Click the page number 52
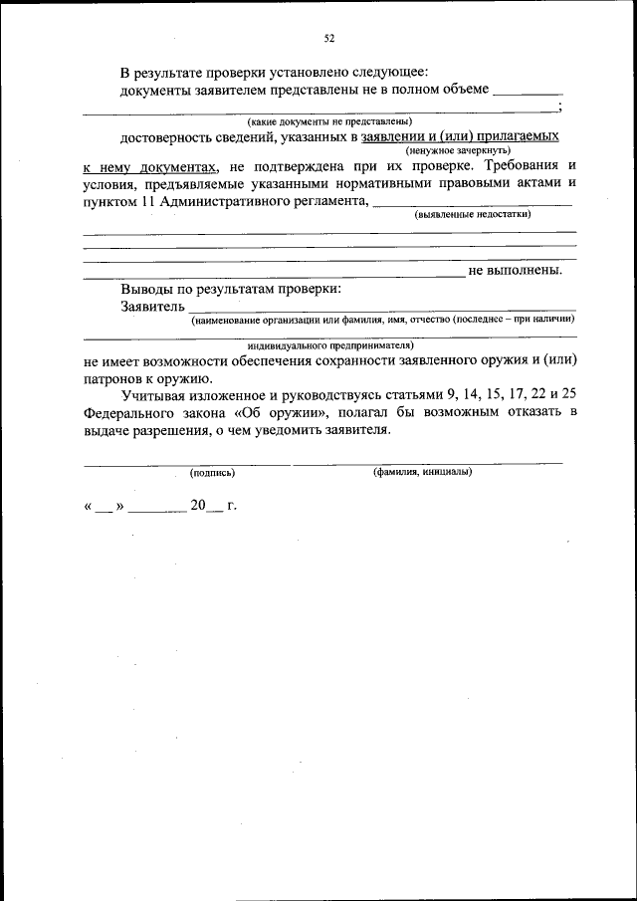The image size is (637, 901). coord(328,39)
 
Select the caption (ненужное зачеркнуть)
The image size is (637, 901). coord(459,149)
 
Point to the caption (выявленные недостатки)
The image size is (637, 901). coord(473,214)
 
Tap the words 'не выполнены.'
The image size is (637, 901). coord(515,270)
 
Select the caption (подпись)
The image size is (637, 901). coord(212,472)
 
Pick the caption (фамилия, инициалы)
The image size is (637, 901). coord(422,472)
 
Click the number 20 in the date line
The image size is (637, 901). coord(198,506)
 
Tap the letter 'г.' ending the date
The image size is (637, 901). coord(232,506)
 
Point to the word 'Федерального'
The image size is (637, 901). coord(126,412)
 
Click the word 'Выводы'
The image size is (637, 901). coord(146,289)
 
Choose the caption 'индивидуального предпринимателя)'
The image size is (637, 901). coord(329,344)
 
